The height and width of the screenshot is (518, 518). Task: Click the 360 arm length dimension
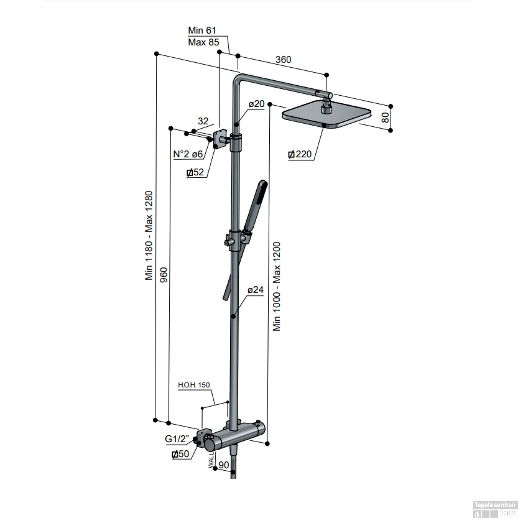click(283, 60)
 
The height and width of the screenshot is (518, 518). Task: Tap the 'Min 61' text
click(202, 30)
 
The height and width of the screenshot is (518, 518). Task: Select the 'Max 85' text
click(203, 42)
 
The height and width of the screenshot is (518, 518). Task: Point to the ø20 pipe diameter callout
click(257, 104)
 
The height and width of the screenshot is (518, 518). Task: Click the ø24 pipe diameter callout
click(256, 290)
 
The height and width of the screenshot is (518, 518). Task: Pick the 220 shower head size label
click(300, 154)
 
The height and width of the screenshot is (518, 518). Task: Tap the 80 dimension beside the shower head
click(385, 117)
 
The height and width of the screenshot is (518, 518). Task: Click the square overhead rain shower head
click(326, 115)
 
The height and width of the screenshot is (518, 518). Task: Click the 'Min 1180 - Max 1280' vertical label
click(149, 236)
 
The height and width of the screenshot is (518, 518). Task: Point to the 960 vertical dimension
click(164, 275)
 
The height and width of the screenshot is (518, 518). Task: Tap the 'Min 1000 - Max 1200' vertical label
click(277, 287)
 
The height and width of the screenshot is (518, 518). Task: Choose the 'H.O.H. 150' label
click(194, 385)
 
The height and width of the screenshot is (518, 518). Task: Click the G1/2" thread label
click(177, 439)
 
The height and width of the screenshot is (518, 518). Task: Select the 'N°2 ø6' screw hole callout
click(188, 154)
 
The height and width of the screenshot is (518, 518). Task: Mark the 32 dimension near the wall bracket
click(203, 121)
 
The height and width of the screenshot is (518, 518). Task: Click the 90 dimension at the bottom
click(224, 465)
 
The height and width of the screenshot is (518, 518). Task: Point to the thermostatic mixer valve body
click(235, 437)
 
